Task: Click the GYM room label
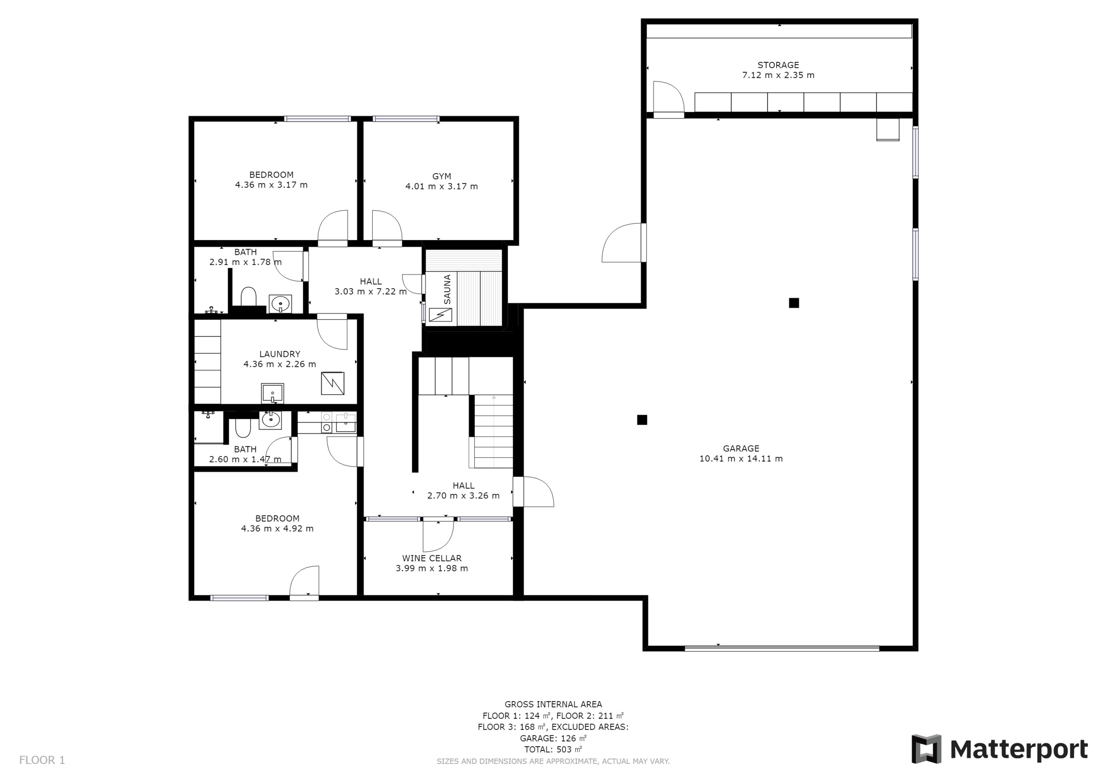coord(442,176)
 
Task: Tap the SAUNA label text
coord(448,289)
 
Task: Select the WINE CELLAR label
coord(432,558)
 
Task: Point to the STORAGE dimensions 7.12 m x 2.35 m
coord(778,75)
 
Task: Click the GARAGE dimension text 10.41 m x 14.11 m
coord(741,459)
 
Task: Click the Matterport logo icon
coord(926,749)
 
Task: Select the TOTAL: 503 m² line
coord(553,749)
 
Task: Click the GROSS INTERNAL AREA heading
coord(553,704)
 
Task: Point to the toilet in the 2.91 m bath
coord(248,296)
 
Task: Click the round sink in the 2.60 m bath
coord(271,420)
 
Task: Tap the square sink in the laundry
coord(272,393)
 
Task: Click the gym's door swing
coord(387,225)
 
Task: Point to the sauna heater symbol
coord(440,314)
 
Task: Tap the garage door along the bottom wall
coord(782,648)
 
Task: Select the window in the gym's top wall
coord(406,119)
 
